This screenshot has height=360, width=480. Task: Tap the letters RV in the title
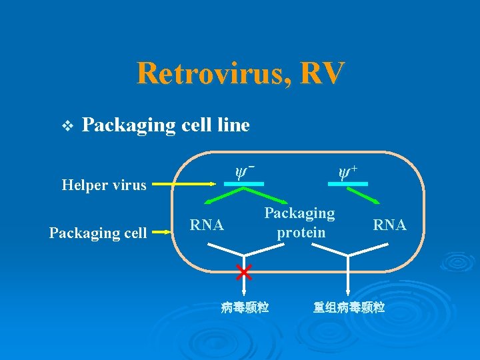322,73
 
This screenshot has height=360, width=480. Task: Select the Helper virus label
104,185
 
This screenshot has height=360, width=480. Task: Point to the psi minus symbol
245,172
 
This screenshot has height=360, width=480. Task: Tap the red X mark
244,271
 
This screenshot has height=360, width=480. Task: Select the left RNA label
207,225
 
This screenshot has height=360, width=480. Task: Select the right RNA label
390,225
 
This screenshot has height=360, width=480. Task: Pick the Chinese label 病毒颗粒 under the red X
245,307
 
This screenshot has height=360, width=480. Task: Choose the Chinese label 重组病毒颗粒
349,307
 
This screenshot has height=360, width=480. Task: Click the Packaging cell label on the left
98,233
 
